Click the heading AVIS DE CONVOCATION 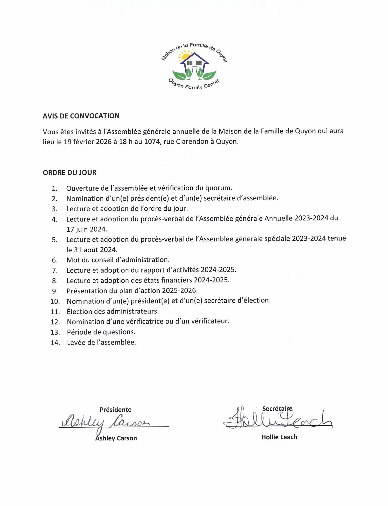[x=81, y=116]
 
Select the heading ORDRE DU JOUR [x=70, y=172]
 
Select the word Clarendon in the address [x=192, y=141]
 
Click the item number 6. [x=55, y=260]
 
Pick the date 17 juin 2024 [x=86, y=229]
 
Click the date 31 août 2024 [x=95, y=250]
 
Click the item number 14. [x=55, y=343]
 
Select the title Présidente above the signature [x=115, y=409]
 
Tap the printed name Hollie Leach [x=279, y=437]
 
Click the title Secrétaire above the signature [x=277, y=408]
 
